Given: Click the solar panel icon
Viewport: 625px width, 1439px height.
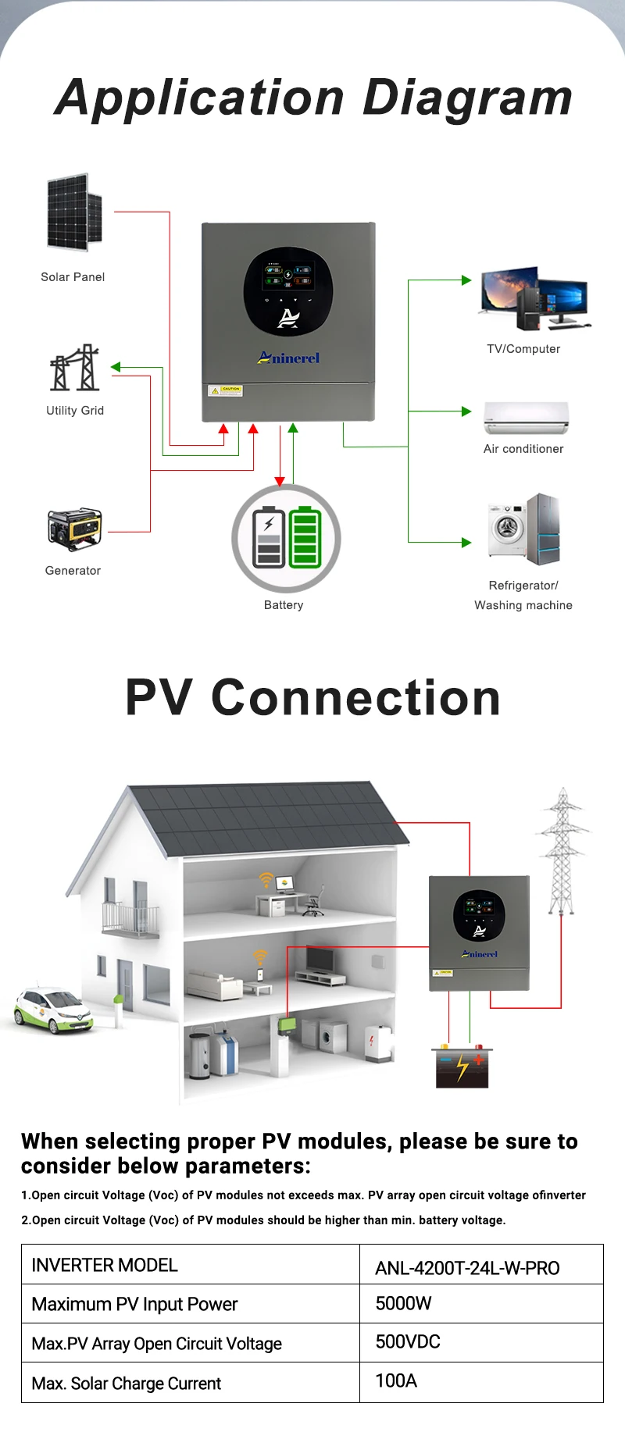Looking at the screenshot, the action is point(74,212).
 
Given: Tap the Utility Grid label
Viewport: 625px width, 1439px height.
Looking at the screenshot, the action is point(75,411).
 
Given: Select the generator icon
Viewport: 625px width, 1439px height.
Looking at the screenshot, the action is point(74,530).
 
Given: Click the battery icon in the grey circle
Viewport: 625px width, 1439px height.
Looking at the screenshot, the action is point(287,538).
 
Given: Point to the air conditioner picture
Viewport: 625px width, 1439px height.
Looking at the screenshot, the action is point(526,418).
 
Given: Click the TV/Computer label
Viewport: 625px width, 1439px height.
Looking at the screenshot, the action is point(523,349).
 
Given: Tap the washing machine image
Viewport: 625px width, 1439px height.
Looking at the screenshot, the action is point(507,529).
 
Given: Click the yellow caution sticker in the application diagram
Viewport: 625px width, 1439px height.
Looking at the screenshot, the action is point(225,390).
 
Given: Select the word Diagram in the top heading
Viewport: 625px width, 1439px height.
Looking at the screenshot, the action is point(468,98).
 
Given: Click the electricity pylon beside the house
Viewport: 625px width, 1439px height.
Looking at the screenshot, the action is point(562,851).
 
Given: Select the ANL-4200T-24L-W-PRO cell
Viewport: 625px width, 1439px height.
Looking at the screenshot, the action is point(467,1268).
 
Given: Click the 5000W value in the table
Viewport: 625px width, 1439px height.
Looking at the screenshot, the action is point(403,1303).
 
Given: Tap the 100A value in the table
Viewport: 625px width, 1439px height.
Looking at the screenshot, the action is point(396,1380).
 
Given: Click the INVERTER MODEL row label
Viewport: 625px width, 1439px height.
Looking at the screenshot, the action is point(105,1265).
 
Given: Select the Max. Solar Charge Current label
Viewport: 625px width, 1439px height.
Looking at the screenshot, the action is point(127,1384).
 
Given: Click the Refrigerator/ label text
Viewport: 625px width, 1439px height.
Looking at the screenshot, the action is point(523,586).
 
